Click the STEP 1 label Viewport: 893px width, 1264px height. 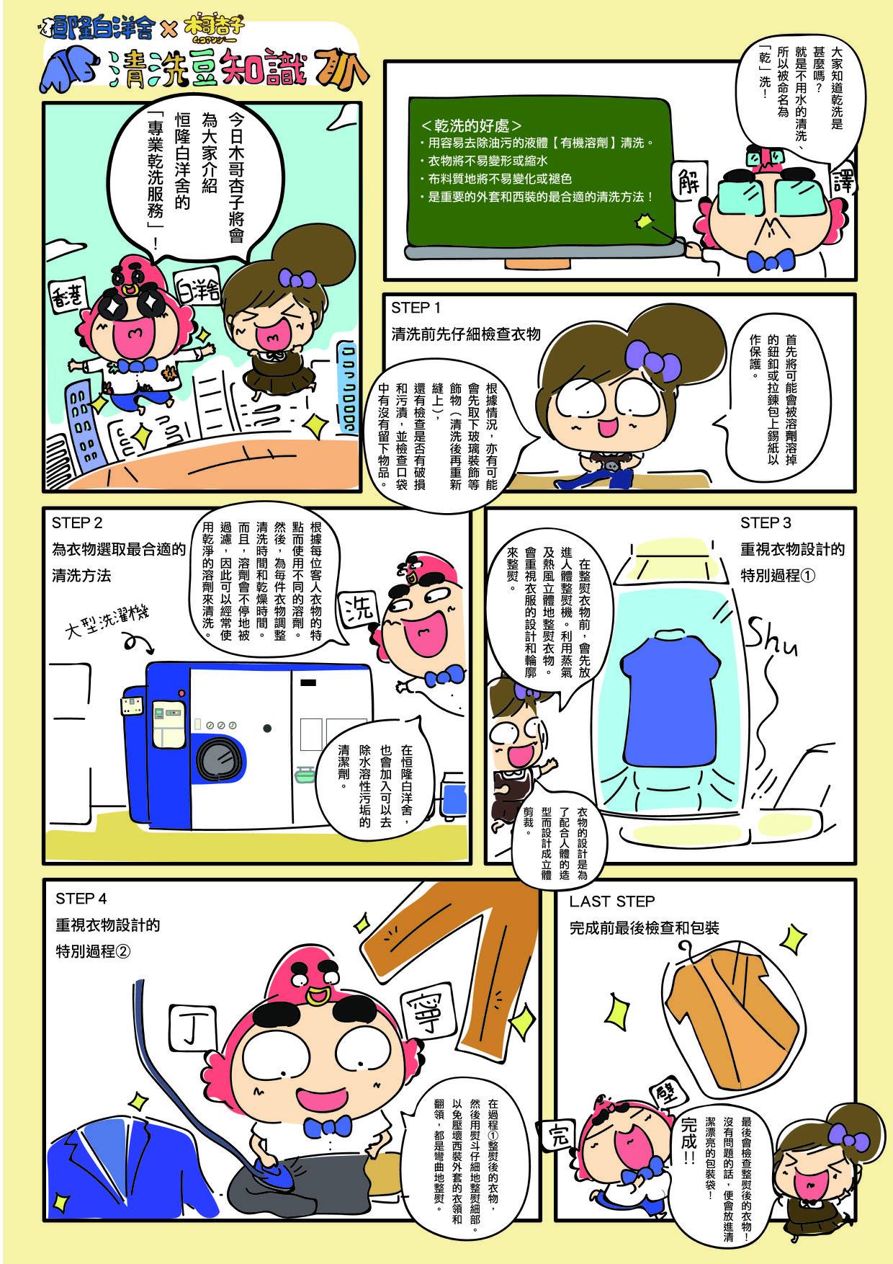(417, 308)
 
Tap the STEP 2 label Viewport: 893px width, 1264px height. (78, 522)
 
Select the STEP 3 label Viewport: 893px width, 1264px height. (766, 522)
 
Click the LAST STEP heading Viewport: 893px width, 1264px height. (611, 901)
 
